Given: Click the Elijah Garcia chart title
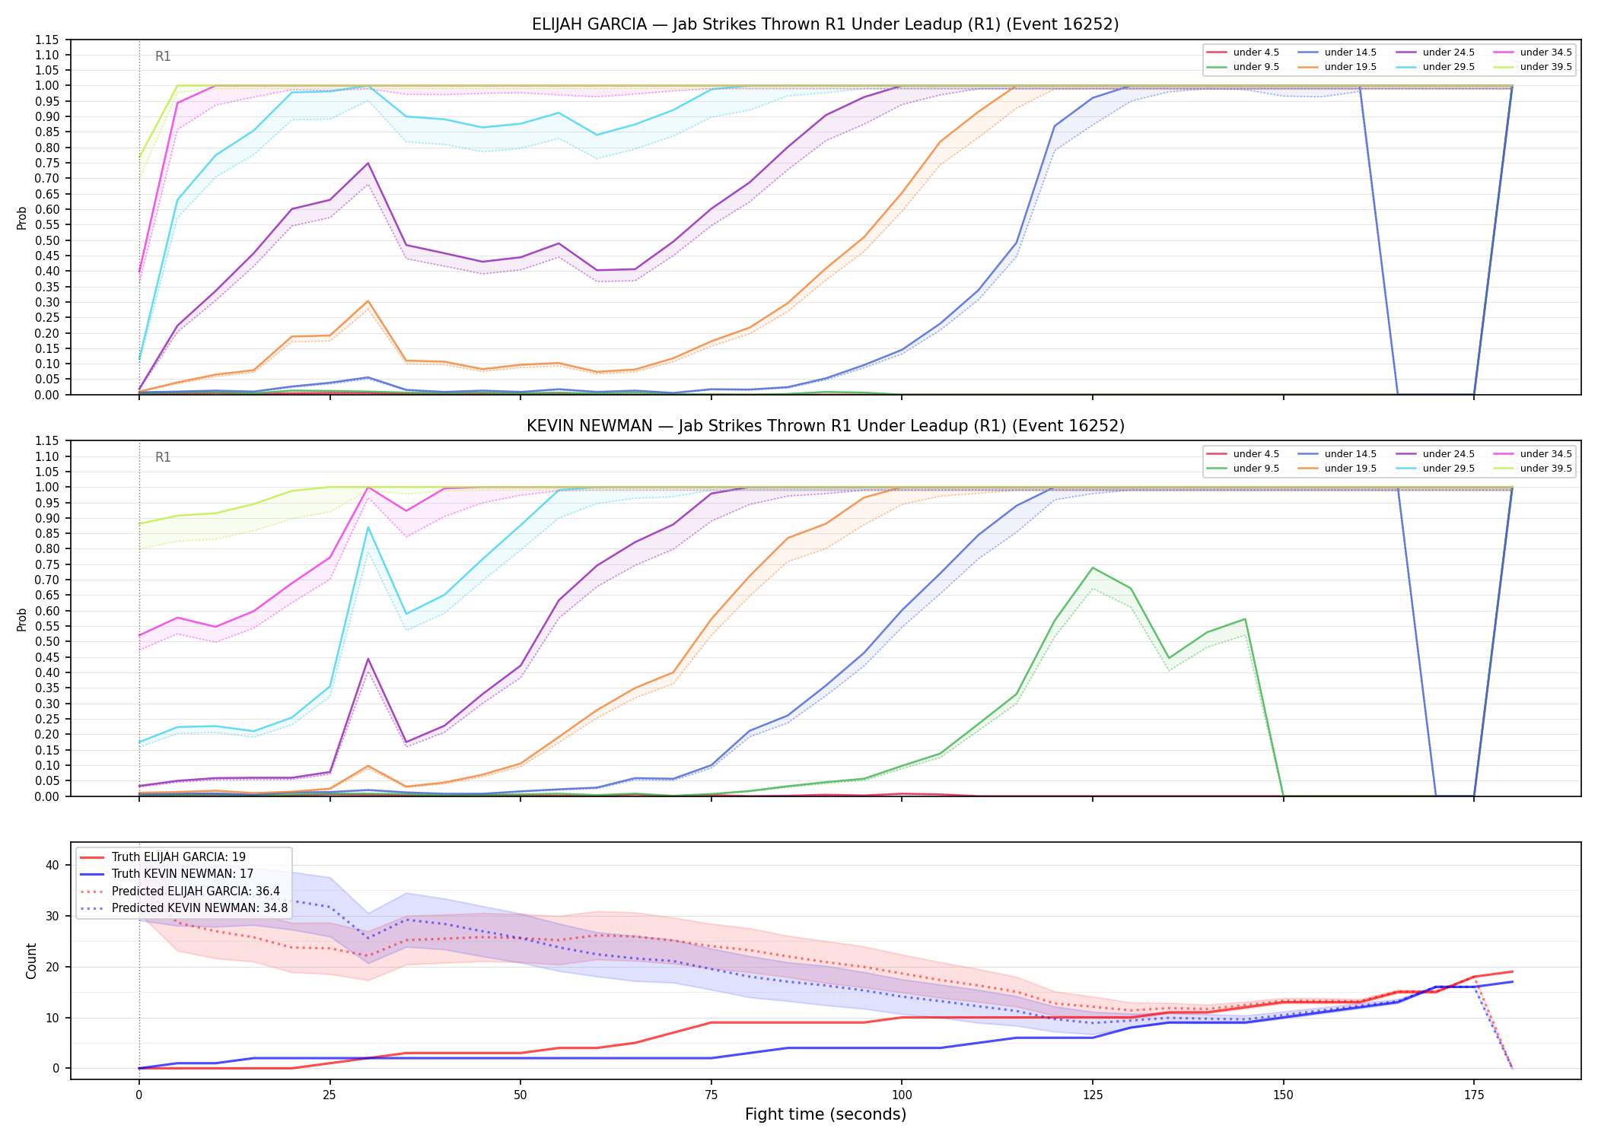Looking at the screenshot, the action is pyautogui.click(x=825, y=24).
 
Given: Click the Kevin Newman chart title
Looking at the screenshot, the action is pyautogui.click(x=825, y=426).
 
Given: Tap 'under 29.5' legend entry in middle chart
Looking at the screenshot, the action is pyautogui.click(x=1436, y=469).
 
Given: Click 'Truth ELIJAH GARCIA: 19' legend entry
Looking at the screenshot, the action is pyautogui.click(x=163, y=857).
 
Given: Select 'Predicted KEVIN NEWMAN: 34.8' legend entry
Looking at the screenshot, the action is pyautogui.click(x=183, y=908).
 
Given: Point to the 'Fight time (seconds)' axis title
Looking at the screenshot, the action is pyautogui.click(x=826, y=1114).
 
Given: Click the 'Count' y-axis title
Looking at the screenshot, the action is pyautogui.click(x=31, y=961).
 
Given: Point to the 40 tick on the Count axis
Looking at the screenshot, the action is pyautogui.click(x=53, y=865).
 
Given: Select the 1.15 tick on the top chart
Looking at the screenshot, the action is pyautogui.click(x=46, y=40).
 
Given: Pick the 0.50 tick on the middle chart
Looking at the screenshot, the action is pyautogui.click(x=46, y=642).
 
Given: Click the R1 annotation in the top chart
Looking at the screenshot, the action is pyautogui.click(x=163, y=56).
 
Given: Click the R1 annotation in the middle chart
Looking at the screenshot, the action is pyautogui.click(x=163, y=457).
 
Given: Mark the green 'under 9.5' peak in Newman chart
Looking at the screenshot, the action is pyautogui.click(x=1093, y=567).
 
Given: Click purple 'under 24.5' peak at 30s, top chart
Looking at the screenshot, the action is pyautogui.click(x=368, y=163).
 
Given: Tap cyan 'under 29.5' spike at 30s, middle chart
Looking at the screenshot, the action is pyautogui.click(x=368, y=527).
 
